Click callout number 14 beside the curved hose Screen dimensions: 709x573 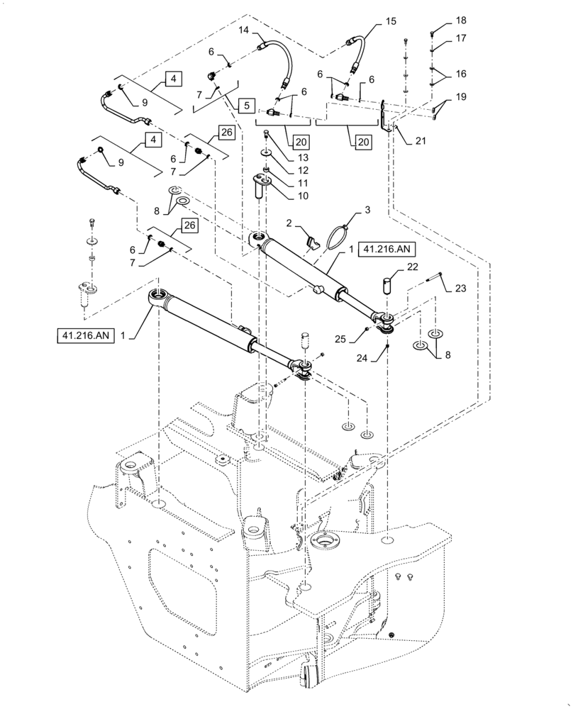point(243,32)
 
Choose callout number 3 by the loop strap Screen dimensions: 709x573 point(367,211)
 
